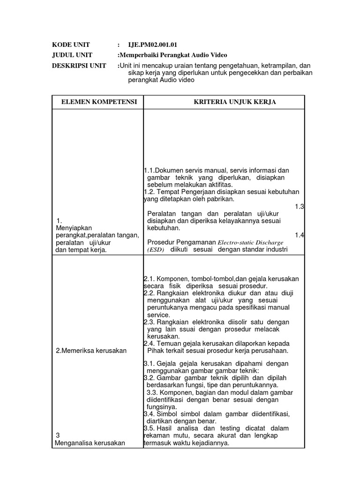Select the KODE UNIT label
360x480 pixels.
click(x=71, y=45)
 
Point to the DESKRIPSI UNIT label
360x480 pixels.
click(x=79, y=65)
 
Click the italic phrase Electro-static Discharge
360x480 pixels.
click(x=250, y=242)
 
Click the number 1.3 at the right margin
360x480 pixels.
click(x=300, y=206)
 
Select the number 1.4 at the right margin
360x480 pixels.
click(x=300, y=235)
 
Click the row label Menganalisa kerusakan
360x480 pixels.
click(x=90, y=442)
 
